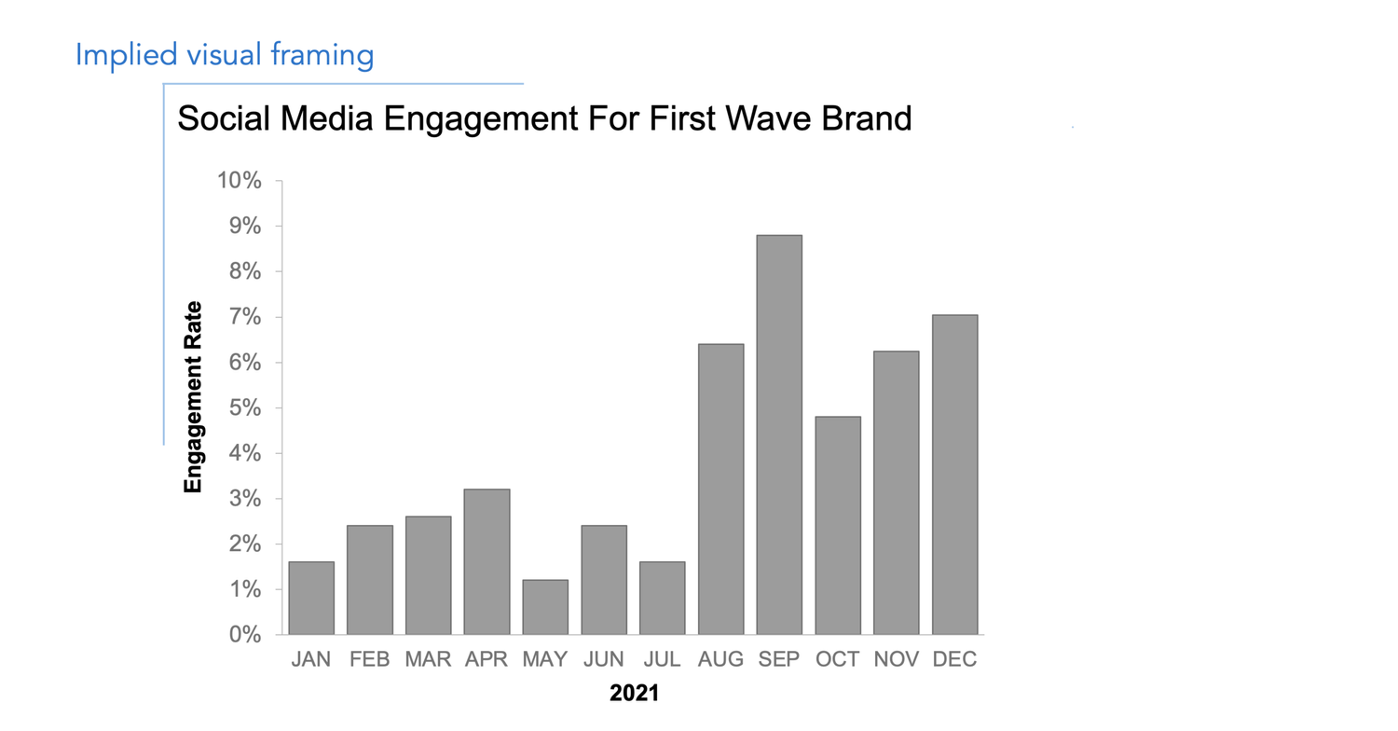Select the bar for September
(x=779, y=434)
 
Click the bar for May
(x=545, y=607)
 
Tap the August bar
(x=720, y=490)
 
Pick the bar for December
(x=954, y=475)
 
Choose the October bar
(x=837, y=526)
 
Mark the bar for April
(x=487, y=561)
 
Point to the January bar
(x=311, y=598)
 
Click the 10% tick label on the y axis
(x=240, y=181)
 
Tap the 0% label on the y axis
(x=245, y=635)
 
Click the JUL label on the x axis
(x=662, y=660)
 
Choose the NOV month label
(x=896, y=660)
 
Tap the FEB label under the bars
(x=370, y=660)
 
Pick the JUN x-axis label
(x=603, y=660)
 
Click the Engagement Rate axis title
(x=193, y=397)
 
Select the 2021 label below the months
(x=634, y=694)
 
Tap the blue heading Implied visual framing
(x=225, y=55)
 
